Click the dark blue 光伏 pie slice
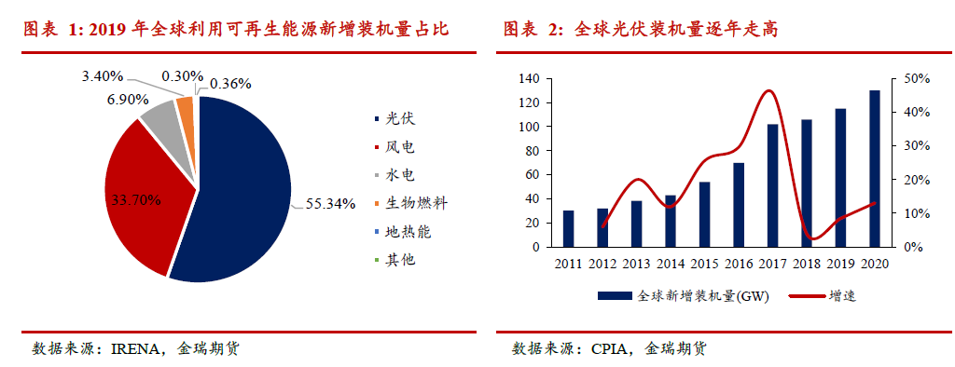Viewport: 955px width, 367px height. point(242,186)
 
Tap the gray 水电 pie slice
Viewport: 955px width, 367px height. point(159,116)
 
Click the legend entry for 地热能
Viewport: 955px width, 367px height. point(402,231)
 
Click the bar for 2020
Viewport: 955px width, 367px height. point(875,169)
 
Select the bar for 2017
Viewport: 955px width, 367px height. point(773,185)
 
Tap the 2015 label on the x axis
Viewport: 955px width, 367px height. point(704,265)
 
